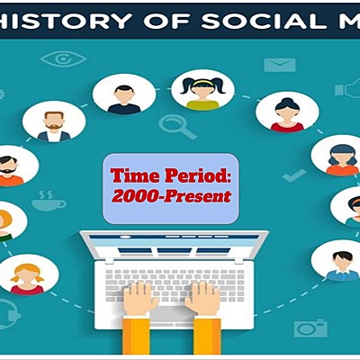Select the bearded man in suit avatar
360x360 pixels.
tap(54, 121)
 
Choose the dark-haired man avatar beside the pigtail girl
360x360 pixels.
tap(124, 94)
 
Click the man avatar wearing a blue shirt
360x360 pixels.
tap(338, 261)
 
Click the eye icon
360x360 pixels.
tap(63, 59)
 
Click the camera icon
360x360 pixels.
tap(310, 329)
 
